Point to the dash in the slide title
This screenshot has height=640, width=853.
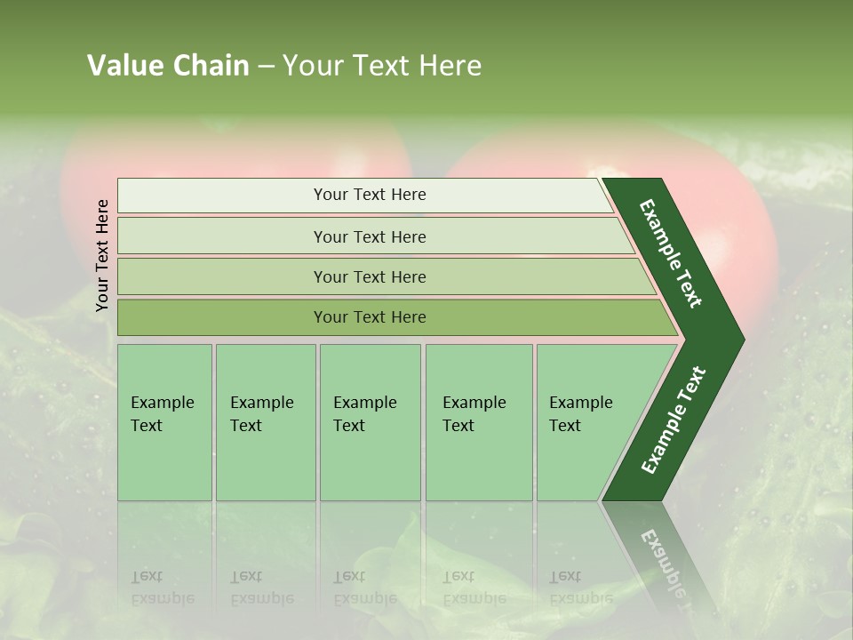point(266,67)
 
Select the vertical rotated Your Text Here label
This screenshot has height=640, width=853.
point(103,255)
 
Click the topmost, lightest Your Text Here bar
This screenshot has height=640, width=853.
point(369,195)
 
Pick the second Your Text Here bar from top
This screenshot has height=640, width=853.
point(369,236)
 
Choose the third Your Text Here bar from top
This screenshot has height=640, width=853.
point(369,276)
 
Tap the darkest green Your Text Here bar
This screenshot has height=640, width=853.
point(369,317)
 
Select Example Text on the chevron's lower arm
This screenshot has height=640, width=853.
point(673,420)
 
